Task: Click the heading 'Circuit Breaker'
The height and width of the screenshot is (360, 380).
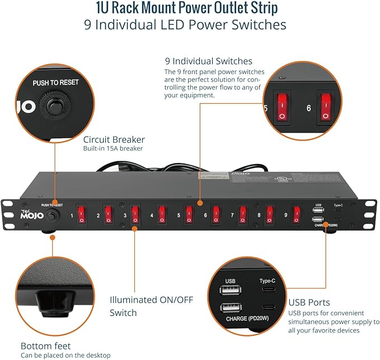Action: coord(114,139)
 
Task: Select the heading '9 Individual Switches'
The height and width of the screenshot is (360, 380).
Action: coord(208,61)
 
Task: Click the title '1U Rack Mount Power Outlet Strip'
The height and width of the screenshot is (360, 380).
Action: coord(190,10)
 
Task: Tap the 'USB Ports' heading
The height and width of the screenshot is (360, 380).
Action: coord(309,302)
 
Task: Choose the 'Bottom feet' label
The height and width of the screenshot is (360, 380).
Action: coord(46,345)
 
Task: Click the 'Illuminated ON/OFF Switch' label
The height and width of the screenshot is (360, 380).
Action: coord(151,306)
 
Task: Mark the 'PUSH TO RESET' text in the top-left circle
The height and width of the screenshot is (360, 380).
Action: coord(55,82)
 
